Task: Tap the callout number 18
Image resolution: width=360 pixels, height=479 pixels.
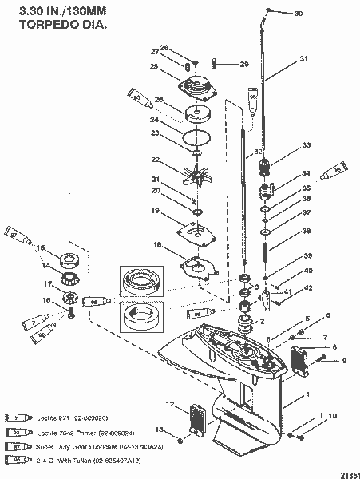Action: (157, 247)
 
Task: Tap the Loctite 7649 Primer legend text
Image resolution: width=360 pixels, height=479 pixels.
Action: (71, 432)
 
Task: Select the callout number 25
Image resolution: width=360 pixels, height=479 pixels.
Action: (154, 68)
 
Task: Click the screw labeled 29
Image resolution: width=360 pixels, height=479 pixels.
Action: (216, 63)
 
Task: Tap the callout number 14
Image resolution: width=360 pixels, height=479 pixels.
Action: (46, 266)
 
